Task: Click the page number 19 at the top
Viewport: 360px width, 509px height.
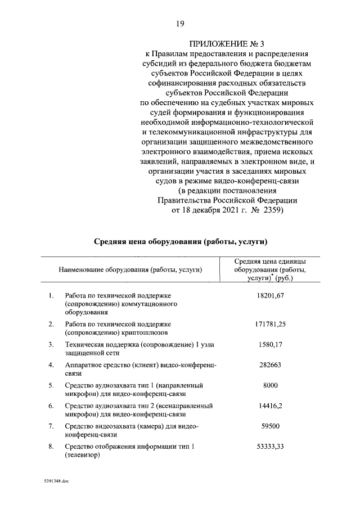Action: click(180, 23)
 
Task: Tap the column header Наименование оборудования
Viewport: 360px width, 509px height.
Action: click(130, 270)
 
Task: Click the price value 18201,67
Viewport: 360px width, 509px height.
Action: click(271, 295)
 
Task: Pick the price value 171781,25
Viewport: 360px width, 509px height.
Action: click(271, 325)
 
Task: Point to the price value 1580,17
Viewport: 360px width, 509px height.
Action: click(271, 344)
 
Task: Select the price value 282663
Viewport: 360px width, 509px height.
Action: click(271, 364)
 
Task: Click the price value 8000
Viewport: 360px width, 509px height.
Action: click(271, 385)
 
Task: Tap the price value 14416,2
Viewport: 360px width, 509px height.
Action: click(271, 405)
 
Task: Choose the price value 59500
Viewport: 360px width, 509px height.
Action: click(271, 426)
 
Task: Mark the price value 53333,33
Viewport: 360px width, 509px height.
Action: click(271, 446)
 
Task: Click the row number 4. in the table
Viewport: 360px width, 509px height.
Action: click(51, 364)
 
